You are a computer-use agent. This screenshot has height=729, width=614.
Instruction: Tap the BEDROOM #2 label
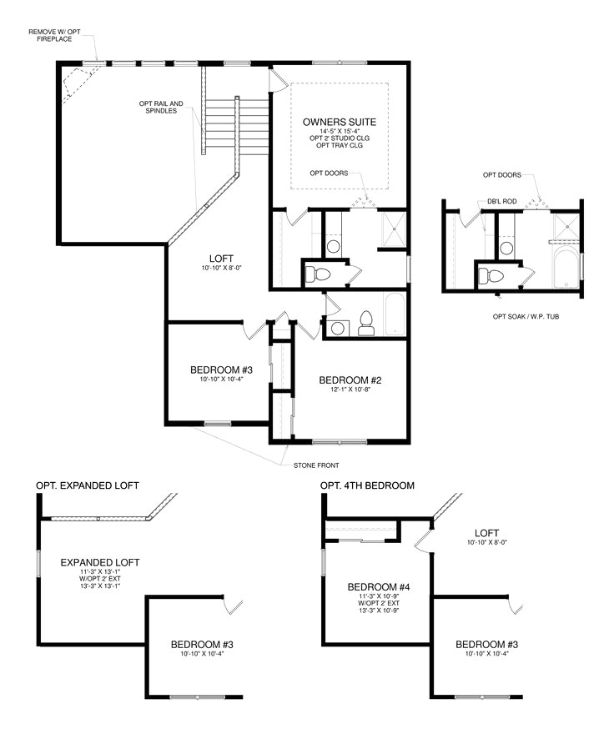click(350, 380)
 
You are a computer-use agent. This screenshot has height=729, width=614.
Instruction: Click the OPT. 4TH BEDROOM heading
click(367, 485)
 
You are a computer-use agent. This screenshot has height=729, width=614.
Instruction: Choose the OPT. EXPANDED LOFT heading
click(88, 485)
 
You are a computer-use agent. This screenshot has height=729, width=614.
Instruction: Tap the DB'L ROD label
click(500, 202)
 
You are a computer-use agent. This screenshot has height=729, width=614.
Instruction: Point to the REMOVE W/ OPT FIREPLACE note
click(57, 36)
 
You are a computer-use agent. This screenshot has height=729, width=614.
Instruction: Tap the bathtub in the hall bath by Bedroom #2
click(395, 315)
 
